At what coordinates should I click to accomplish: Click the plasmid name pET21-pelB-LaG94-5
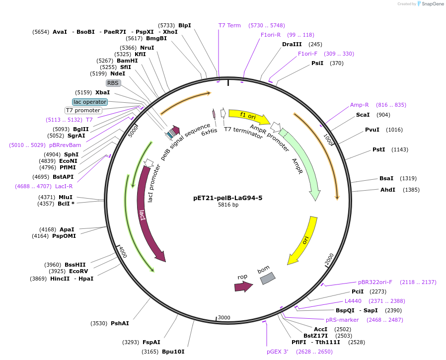(x=227, y=198)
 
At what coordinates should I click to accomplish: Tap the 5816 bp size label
(x=228, y=205)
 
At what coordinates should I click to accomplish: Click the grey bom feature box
(x=267, y=279)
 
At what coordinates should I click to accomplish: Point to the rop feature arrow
(x=243, y=286)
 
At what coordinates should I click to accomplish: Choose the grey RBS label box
(x=113, y=83)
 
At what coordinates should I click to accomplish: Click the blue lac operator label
(x=89, y=102)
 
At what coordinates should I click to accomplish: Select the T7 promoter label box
(x=83, y=110)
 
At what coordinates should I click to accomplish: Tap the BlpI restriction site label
(x=184, y=25)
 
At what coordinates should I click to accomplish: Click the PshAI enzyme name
(x=120, y=323)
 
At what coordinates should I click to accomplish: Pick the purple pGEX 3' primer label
(x=277, y=352)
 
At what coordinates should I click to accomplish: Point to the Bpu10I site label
(x=173, y=352)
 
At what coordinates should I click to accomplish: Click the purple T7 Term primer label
(x=229, y=25)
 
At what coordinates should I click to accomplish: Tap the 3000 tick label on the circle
(x=224, y=318)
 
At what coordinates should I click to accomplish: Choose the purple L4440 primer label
(x=353, y=301)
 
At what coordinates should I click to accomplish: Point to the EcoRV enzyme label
(x=78, y=271)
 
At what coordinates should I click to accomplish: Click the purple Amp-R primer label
(x=359, y=105)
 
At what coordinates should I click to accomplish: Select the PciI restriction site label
(x=358, y=291)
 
